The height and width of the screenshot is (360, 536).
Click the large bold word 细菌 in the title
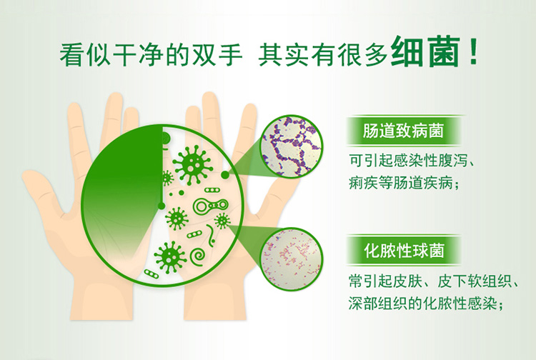(425, 52)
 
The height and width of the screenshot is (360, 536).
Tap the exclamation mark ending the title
(473, 52)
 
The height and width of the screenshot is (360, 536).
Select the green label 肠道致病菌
(403, 131)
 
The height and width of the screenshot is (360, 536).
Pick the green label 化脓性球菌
(403, 251)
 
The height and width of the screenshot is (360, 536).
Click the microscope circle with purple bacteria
(292, 146)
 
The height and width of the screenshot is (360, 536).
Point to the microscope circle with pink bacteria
(292, 259)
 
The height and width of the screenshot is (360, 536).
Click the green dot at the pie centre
(162, 206)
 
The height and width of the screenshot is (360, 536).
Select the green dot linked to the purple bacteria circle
(225, 175)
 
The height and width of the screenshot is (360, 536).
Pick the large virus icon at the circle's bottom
(170, 257)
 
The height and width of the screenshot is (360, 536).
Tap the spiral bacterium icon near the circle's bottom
(198, 256)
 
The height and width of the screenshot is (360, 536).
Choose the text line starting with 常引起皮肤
(434, 281)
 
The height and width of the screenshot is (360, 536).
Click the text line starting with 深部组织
(426, 304)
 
